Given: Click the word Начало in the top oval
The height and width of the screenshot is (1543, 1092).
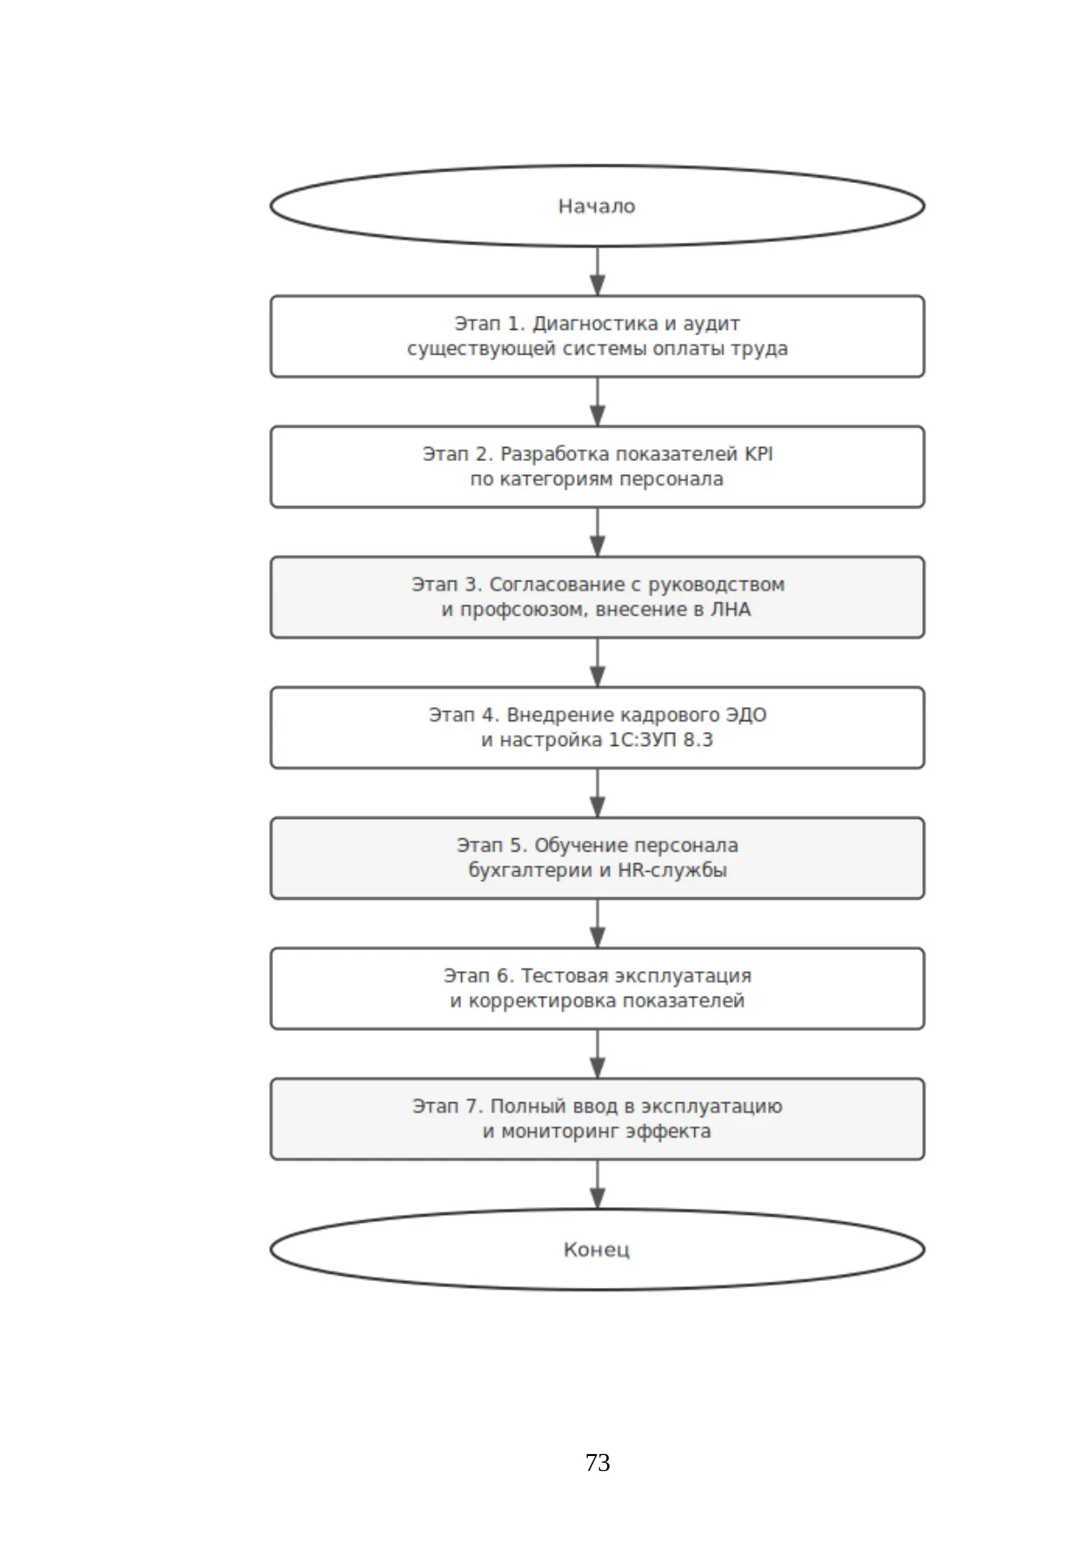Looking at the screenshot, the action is click(597, 206).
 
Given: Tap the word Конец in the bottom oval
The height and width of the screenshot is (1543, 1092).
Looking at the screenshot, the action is click(597, 1249).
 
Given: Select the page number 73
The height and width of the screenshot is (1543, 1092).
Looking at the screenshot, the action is click(597, 1462).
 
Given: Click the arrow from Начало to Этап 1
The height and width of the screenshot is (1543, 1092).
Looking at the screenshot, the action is click(597, 271).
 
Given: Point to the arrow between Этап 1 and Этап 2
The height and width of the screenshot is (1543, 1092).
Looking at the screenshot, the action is click(597, 402).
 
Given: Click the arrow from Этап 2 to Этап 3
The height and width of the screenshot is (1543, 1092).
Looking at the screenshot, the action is click(597, 532).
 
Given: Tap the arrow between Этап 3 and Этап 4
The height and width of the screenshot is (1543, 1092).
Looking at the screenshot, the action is click(597, 662).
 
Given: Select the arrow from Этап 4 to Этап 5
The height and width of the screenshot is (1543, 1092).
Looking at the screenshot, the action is click(597, 793).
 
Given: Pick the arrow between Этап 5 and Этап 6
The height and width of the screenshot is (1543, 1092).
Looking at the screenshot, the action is click(597, 924).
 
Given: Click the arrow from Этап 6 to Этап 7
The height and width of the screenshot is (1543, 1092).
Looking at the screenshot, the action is click(597, 1054).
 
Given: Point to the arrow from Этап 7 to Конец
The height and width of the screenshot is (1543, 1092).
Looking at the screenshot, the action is click(597, 1184).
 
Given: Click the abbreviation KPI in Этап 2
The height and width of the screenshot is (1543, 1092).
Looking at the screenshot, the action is click(759, 454).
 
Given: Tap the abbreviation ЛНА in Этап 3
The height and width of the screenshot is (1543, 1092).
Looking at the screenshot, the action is click(730, 610).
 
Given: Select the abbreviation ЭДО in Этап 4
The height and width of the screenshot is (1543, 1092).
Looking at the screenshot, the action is click(745, 715).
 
